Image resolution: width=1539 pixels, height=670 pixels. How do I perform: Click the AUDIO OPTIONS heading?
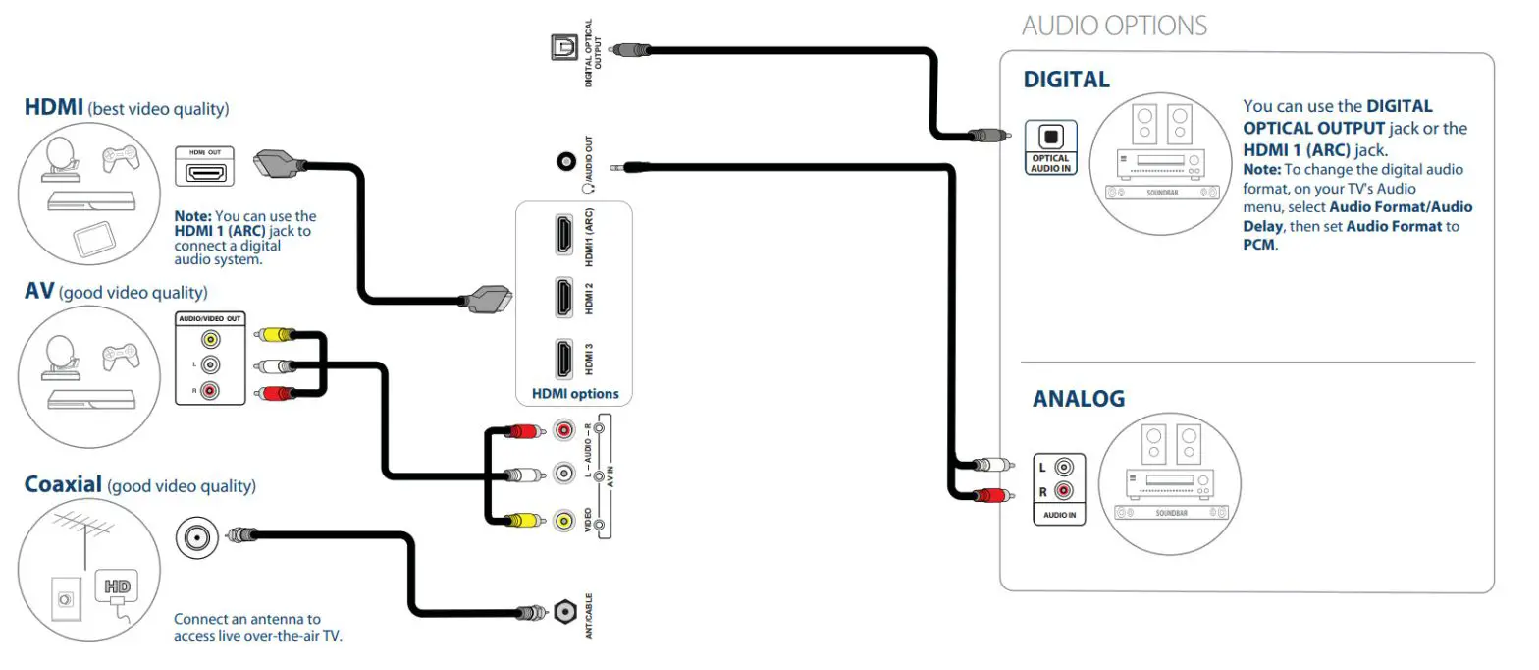tap(1114, 25)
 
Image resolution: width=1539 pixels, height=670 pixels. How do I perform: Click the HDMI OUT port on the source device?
tap(206, 173)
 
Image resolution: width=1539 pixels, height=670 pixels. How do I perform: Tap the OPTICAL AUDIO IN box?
tap(1050, 147)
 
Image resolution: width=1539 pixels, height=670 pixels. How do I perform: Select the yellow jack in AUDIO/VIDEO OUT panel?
tap(209, 340)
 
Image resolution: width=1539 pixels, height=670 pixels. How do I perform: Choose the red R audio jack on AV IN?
tap(564, 429)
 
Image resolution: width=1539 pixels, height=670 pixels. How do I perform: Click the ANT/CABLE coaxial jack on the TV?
tap(564, 612)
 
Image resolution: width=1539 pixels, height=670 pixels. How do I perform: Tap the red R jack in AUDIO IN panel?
tap(1063, 490)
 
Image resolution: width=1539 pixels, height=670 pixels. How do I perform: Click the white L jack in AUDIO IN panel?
tap(1063, 468)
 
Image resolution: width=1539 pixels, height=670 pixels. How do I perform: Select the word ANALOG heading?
tap(1078, 399)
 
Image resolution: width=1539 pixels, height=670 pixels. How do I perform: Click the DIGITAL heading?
tap(1066, 80)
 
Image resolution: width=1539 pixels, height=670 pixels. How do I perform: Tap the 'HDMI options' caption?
tap(575, 393)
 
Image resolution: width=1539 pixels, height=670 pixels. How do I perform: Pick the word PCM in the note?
tap(1258, 245)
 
